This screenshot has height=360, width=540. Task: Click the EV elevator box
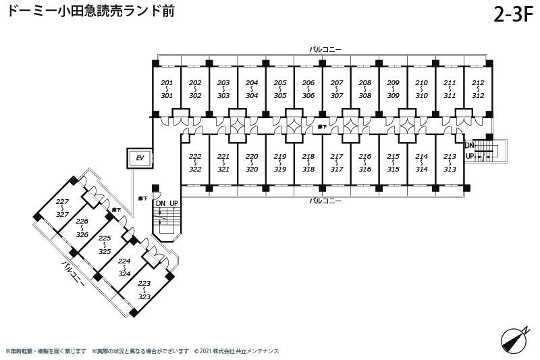click(140, 158)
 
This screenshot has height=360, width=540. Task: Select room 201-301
click(167, 89)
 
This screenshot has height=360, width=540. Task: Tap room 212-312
click(478, 89)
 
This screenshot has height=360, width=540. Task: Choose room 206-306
click(308, 89)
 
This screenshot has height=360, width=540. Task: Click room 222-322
click(195, 162)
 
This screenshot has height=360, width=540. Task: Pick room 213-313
click(450, 162)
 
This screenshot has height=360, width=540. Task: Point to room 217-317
click(337, 162)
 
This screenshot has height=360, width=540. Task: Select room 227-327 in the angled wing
click(63, 207)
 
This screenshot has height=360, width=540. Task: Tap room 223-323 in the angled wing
click(144, 290)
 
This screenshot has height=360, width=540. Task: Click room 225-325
click(105, 244)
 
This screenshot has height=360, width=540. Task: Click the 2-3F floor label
click(513, 15)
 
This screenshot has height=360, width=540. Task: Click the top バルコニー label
click(326, 49)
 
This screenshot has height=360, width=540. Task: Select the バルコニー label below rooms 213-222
click(326, 201)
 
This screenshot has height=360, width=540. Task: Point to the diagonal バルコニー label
click(73, 275)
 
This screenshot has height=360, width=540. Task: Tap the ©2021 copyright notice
click(236, 351)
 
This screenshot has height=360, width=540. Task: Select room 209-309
click(393, 89)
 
